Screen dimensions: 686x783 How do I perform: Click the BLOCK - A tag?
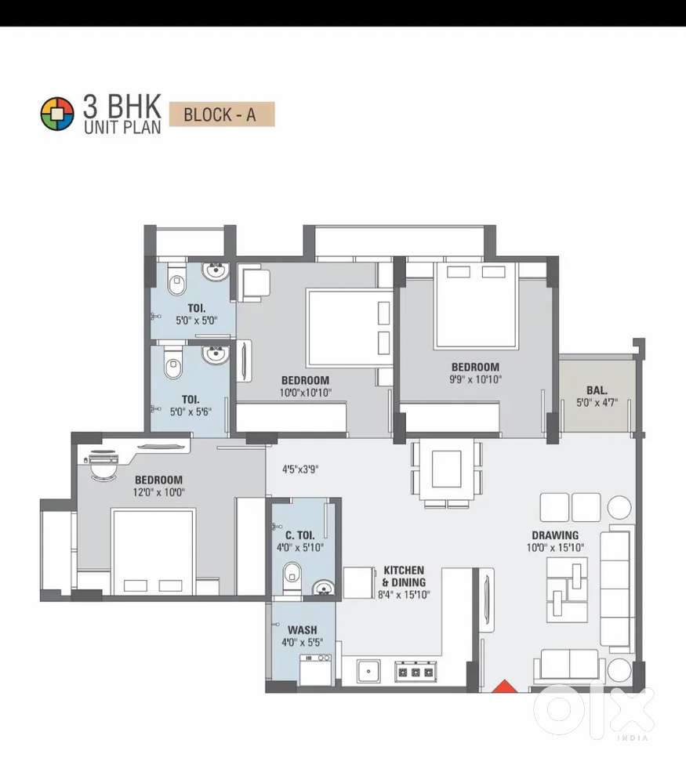point(222,114)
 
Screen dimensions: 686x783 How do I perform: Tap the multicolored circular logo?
point(57,114)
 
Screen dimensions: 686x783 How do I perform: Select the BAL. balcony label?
point(597,390)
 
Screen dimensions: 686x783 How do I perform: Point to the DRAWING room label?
point(555,535)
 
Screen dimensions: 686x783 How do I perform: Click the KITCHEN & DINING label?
point(404,576)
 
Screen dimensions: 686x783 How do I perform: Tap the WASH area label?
point(303,630)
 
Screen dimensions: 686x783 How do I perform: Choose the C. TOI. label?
point(299,535)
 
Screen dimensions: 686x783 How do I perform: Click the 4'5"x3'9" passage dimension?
point(300,469)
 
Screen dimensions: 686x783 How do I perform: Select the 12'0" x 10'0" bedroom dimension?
point(159,492)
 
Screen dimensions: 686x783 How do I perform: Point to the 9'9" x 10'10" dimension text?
point(475,379)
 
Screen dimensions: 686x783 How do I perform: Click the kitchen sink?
point(368,672)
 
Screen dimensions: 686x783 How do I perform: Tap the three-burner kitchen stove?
point(416,672)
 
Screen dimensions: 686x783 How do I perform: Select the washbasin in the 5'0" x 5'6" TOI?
point(216,354)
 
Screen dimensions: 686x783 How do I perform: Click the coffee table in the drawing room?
point(567,589)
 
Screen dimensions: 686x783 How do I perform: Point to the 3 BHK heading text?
point(122,106)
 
